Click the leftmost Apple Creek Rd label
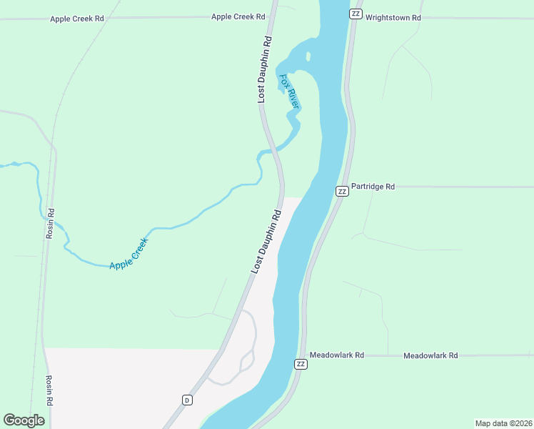click(77, 19)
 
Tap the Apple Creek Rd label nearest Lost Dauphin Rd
click(238, 16)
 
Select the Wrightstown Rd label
click(393, 16)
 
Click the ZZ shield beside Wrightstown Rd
click(356, 14)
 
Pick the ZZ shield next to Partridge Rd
click(342, 191)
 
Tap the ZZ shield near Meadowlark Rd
click(301, 364)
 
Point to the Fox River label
click(289, 92)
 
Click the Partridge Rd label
click(373, 187)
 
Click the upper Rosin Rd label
click(50, 223)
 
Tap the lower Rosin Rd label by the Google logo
click(49, 390)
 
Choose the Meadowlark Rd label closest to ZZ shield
click(337, 355)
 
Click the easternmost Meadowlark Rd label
click(430, 355)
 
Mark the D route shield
click(186, 399)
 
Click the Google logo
click(24, 420)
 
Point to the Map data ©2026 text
click(503, 423)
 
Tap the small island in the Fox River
click(308, 56)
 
